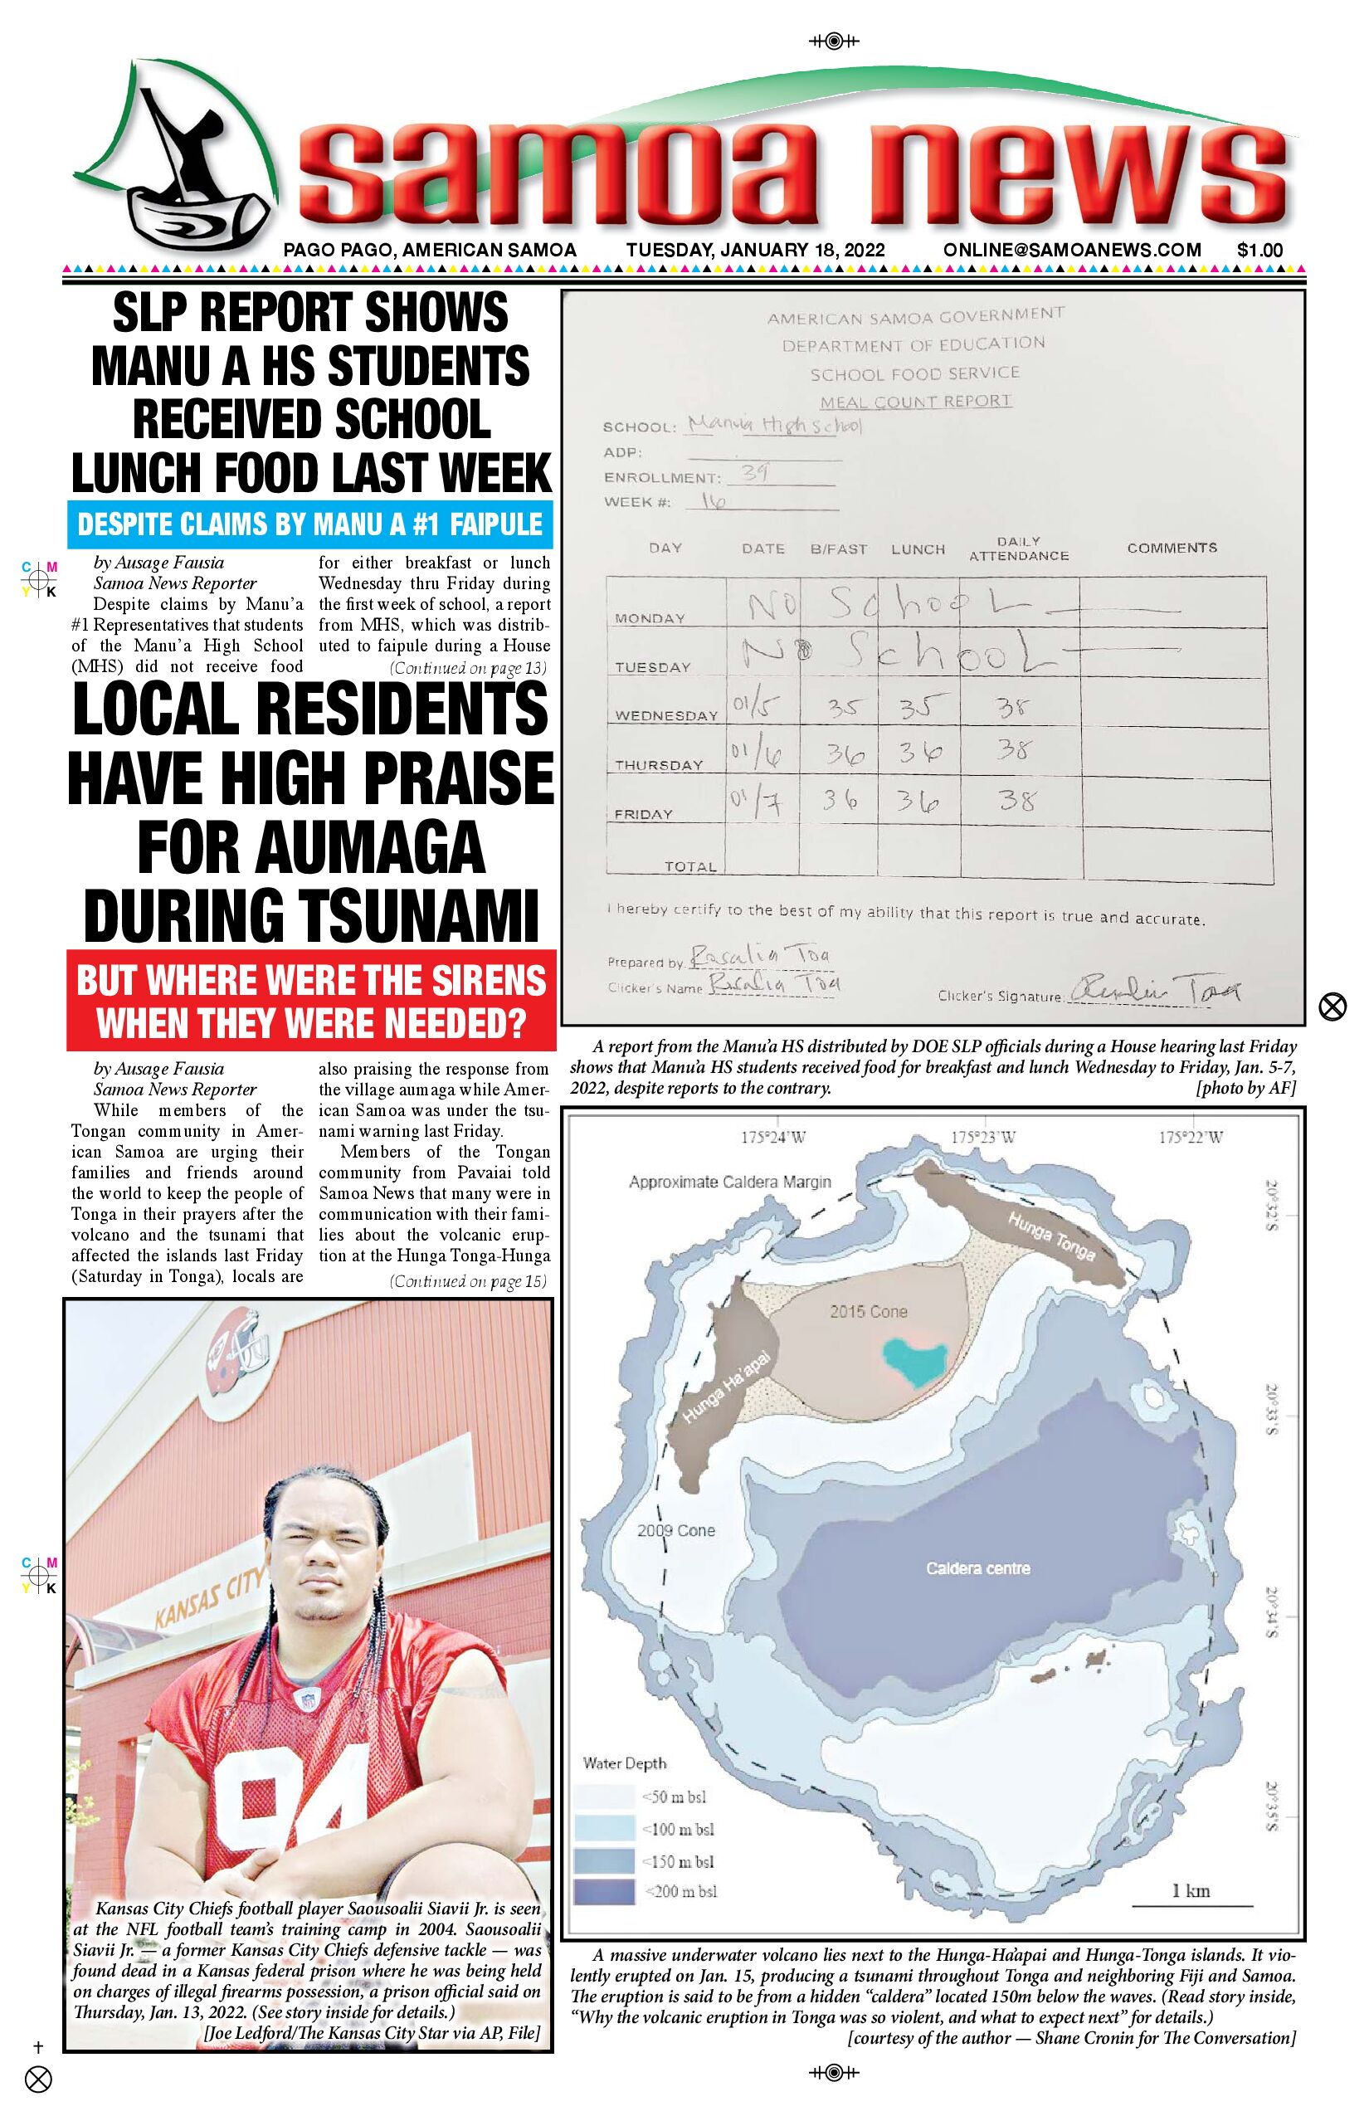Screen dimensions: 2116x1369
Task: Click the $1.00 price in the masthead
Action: coord(1259,250)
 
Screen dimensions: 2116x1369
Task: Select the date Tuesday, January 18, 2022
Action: coord(755,250)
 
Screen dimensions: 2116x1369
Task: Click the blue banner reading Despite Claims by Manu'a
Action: coord(309,524)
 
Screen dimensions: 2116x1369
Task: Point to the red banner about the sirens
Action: coord(311,1000)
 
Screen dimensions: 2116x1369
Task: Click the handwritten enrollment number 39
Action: coord(755,473)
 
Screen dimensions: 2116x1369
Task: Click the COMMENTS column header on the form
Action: coord(1172,548)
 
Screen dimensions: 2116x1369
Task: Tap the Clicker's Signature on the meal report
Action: coord(1156,989)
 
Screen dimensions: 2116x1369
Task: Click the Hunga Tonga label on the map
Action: coord(1050,1236)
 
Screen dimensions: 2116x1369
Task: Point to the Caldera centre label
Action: coord(978,1568)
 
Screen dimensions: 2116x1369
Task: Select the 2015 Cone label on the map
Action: coord(869,1311)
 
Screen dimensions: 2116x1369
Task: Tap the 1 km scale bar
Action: coord(1191,1904)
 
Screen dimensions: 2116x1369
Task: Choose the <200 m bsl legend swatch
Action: coord(605,1891)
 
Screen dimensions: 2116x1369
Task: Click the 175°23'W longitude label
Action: coord(983,1137)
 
